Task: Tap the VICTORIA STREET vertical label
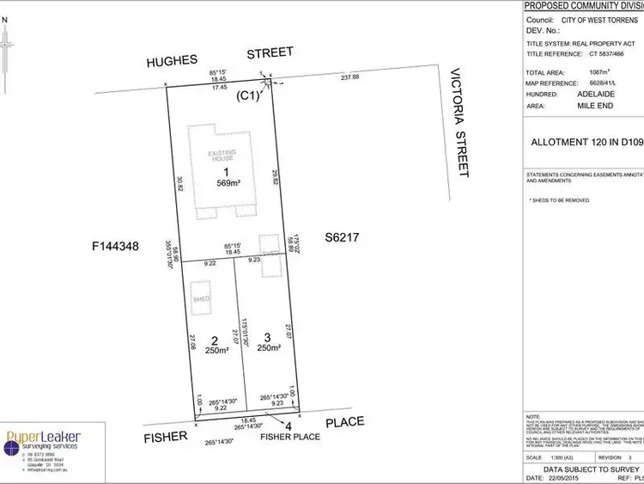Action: pyautogui.click(x=459, y=122)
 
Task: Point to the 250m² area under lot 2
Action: pyautogui.click(x=216, y=350)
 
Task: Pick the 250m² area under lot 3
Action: pyautogui.click(x=268, y=347)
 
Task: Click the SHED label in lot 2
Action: pyautogui.click(x=202, y=298)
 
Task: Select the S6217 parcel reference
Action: pyautogui.click(x=341, y=236)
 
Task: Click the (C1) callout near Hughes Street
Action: pyautogui.click(x=248, y=97)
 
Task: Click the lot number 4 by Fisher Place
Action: pyautogui.click(x=288, y=425)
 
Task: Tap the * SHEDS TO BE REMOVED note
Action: pyautogui.click(x=559, y=199)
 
